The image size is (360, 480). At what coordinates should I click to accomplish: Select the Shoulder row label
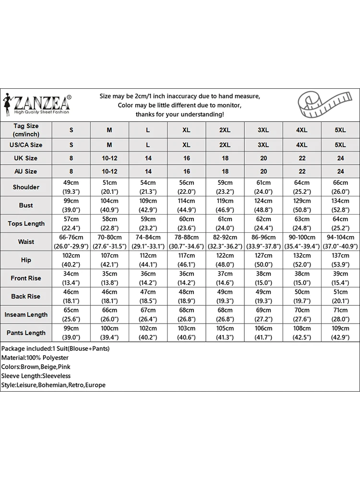click(x=26, y=187)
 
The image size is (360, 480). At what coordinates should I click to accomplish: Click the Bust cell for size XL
click(x=186, y=205)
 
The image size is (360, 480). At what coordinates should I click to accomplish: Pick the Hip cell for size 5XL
click(x=340, y=260)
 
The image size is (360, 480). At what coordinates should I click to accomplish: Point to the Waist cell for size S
click(x=71, y=242)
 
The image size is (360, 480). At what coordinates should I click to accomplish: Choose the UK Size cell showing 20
click(x=263, y=158)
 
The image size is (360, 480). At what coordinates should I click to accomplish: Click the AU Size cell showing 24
click(x=340, y=171)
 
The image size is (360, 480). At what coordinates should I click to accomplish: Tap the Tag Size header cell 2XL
click(x=225, y=130)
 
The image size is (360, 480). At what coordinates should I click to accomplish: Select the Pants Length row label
click(x=26, y=333)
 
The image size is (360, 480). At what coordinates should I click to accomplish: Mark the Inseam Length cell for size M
click(x=109, y=315)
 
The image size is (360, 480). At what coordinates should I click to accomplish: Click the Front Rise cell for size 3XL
click(x=263, y=278)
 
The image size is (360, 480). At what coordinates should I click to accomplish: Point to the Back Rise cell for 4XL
click(x=301, y=297)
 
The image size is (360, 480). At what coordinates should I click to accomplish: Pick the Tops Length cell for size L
click(x=148, y=224)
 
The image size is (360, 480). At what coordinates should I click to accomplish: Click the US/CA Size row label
click(x=26, y=144)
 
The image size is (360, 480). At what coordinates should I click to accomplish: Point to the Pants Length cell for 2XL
click(x=225, y=333)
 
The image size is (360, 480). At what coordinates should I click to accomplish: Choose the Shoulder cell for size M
click(x=109, y=187)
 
